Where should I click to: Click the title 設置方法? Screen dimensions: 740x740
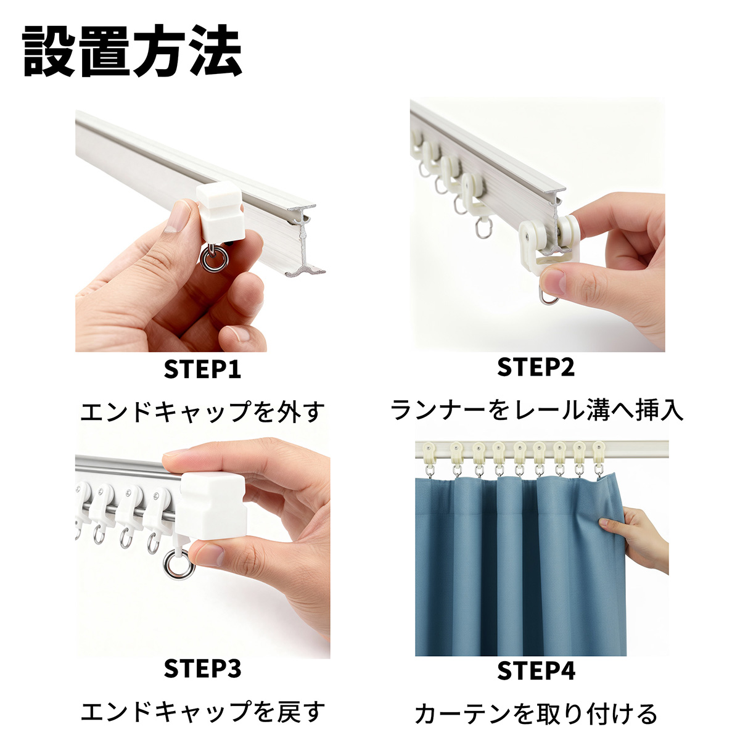[x=131, y=51]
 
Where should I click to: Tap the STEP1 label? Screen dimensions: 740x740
[x=202, y=369]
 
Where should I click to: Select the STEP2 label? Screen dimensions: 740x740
[x=536, y=367]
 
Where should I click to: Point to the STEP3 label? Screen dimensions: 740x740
[x=202, y=668]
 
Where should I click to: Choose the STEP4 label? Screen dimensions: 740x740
[x=536, y=671]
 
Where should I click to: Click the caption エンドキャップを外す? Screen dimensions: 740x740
[x=202, y=411]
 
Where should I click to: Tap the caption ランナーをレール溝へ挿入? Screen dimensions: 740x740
[x=536, y=409]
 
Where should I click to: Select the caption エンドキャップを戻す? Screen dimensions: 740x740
[x=202, y=711]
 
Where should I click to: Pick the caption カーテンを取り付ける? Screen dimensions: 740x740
[x=536, y=713]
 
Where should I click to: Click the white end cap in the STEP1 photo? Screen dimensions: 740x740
[x=220, y=212]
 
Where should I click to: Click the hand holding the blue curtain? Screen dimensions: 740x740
[x=636, y=538]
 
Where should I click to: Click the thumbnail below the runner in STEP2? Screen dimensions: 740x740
[x=555, y=281]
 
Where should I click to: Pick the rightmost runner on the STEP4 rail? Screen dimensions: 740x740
[x=598, y=458]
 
